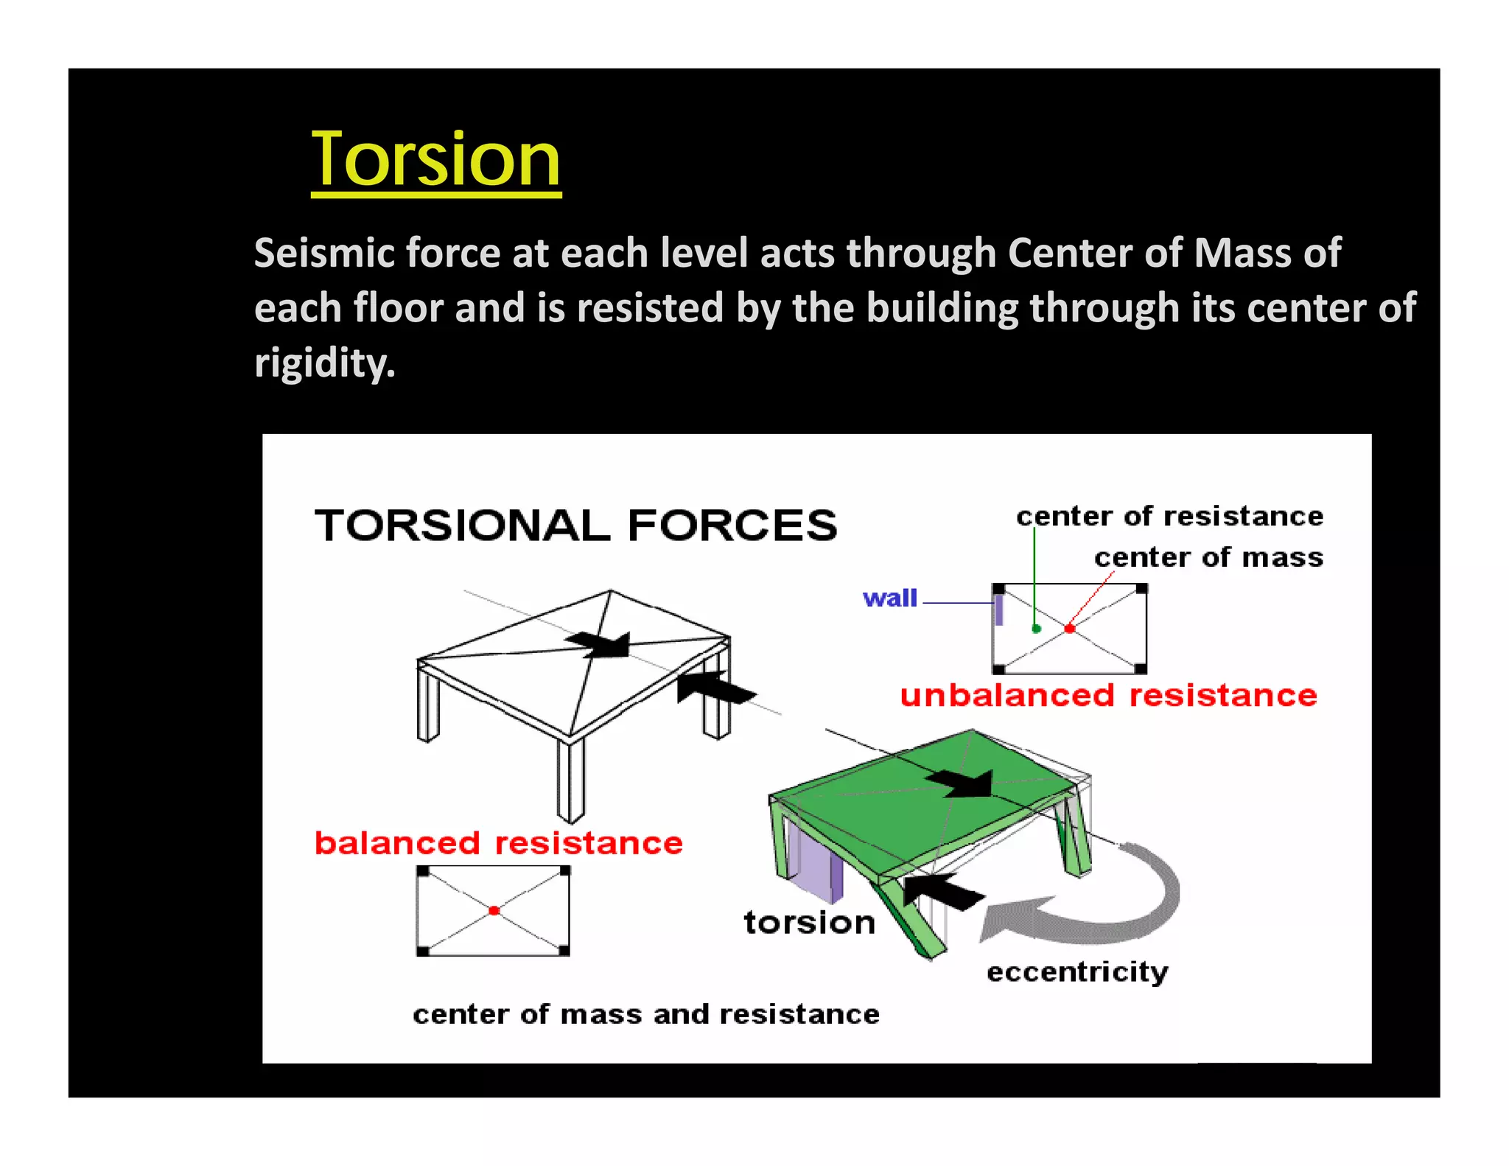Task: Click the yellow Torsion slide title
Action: point(435,160)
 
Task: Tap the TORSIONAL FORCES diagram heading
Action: point(575,526)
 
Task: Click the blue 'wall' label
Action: point(890,598)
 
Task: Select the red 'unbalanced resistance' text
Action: point(1108,696)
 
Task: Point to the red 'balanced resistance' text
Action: point(499,843)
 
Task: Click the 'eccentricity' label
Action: point(1077,972)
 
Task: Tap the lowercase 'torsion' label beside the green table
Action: point(810,923)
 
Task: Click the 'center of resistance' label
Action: point(1169,517)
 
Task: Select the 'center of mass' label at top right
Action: point(1208,558)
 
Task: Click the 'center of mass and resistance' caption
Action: point(646,1015)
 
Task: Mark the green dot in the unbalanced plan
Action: point(1036,629)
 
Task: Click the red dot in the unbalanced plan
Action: point(1070,629)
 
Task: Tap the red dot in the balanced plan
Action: point(494,911)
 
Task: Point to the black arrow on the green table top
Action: point(962,783)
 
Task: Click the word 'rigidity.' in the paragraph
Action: point(325,363)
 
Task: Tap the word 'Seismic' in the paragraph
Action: point(324,253)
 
